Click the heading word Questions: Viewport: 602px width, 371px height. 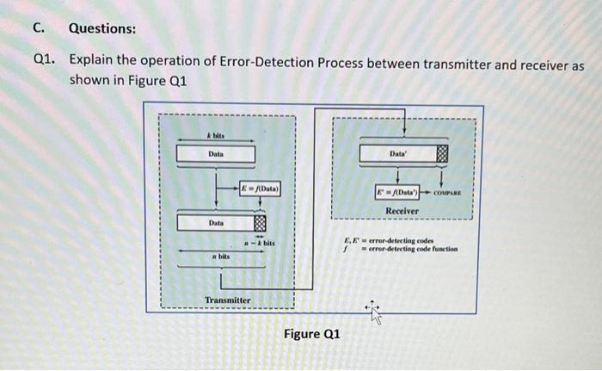pos(101,28)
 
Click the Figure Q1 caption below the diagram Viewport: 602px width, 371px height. pos(312,333)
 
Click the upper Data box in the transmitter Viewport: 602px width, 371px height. pos(216,154)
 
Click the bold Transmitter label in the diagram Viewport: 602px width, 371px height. pos(228,300)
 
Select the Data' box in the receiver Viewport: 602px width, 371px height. pos(397,154)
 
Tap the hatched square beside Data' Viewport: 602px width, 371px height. pos(442,155)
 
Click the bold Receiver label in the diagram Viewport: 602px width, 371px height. pos(402,210)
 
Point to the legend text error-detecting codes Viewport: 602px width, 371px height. pos(404,241)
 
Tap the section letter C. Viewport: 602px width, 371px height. pos(38,28)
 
